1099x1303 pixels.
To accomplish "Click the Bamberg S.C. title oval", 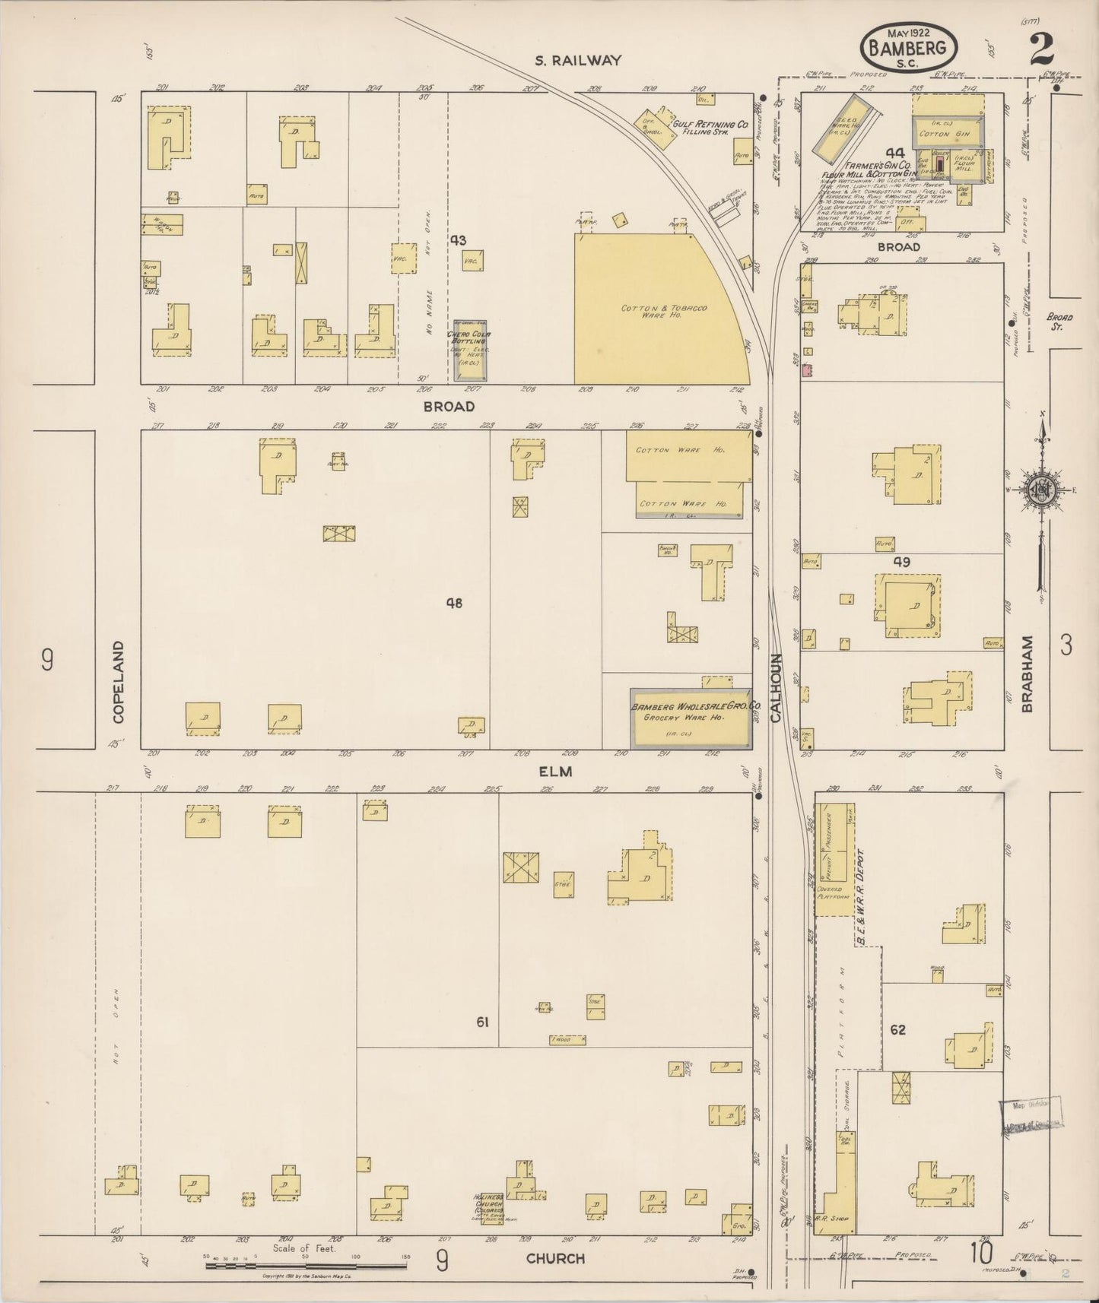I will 909,49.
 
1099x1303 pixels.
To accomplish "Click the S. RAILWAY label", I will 578,60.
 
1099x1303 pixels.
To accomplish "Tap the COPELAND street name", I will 119,681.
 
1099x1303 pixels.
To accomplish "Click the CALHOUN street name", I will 777,687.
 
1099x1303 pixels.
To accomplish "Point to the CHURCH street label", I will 556,1258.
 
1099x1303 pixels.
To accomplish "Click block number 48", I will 454,604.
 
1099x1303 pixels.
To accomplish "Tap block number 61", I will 482,1022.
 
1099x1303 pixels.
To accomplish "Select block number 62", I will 897,1029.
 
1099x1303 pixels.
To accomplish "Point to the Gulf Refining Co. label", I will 710,124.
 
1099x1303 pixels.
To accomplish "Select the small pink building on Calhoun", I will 807,370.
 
